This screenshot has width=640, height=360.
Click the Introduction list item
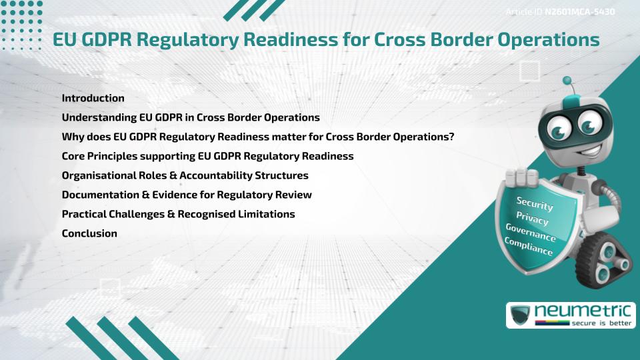click(93, 98)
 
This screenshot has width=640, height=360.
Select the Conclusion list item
click(89, 233)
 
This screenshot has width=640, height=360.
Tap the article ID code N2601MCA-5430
click(579, 12)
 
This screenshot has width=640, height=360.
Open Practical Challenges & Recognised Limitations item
click(178, 214)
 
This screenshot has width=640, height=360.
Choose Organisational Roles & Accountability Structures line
click(185, 175)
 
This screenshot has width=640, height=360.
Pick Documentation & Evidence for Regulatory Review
click(187, 195)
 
